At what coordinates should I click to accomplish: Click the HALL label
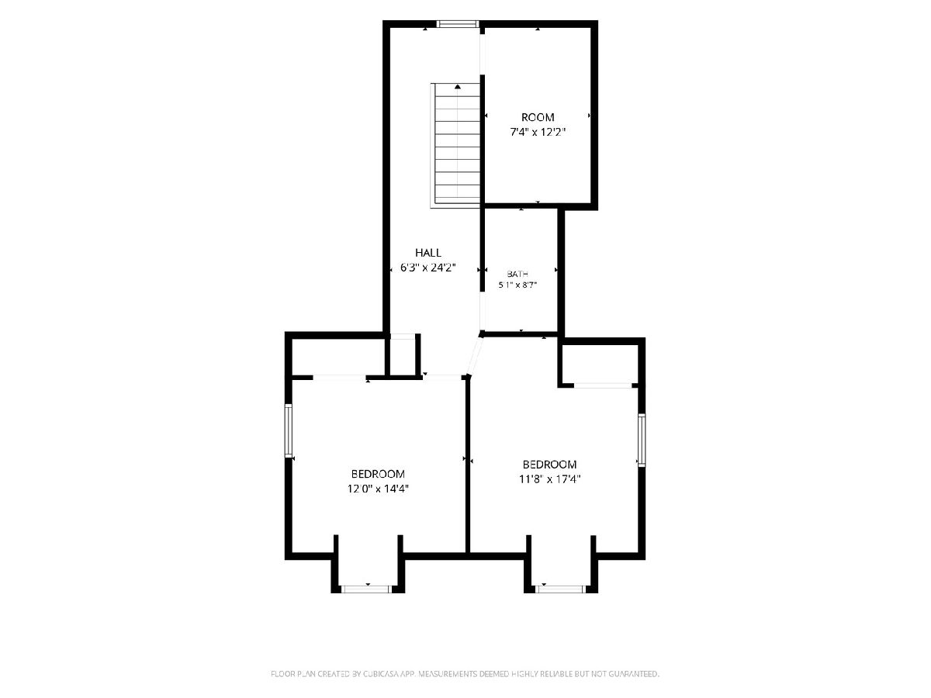[x=428, y=253]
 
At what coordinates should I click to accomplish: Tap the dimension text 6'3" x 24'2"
[x=428, y=268]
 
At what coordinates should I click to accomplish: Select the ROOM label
[x=538, y=117]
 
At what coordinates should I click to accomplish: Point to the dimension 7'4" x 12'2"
[x=538, y=132]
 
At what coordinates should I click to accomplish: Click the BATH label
[x=517, y=275]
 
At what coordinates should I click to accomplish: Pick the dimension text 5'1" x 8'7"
[x=517, y=285]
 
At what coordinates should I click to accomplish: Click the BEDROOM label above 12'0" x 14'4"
[x=378, y=474]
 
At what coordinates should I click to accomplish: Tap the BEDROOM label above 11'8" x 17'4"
[x=549, y=465]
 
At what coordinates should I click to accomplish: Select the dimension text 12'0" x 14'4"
[x=378, y=489]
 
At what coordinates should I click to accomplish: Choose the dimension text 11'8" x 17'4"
[x=550, y=479]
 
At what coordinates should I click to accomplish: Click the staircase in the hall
[x=455, y=145]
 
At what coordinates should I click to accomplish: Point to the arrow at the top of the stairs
[x=457, y=86]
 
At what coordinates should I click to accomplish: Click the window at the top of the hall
[x=458, y=24]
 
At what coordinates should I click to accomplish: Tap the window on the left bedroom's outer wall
[x=289, y=430]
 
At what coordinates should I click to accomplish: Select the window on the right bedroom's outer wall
[x=642, y=440]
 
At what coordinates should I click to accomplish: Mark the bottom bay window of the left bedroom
[x=365, y=589]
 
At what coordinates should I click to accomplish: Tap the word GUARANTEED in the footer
[x=633, y=673]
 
